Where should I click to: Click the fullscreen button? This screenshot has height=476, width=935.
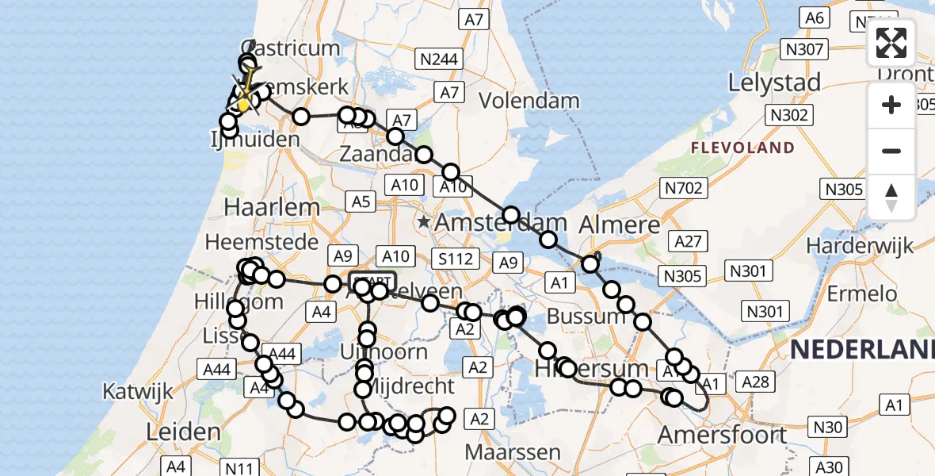[891, 43]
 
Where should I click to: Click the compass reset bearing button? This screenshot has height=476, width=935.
[891, 198]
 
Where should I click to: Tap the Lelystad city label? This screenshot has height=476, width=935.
[775, 82]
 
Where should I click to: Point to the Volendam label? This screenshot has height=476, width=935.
[529, 101]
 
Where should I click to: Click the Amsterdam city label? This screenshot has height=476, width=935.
[501, 222]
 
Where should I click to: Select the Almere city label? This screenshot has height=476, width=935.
[620, 225]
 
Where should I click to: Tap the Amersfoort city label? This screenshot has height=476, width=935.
[723, 435]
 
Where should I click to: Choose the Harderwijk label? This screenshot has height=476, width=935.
[860, 247]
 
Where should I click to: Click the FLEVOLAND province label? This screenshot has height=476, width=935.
[742, 148]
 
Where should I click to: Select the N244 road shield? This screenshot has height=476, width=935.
[439, 59]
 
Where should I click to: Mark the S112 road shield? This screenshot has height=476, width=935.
[456, 258]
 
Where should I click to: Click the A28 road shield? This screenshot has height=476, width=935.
[754, 383]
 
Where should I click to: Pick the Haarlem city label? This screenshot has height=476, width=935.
[273, 208]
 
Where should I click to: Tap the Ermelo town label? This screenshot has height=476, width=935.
[861, 294]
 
